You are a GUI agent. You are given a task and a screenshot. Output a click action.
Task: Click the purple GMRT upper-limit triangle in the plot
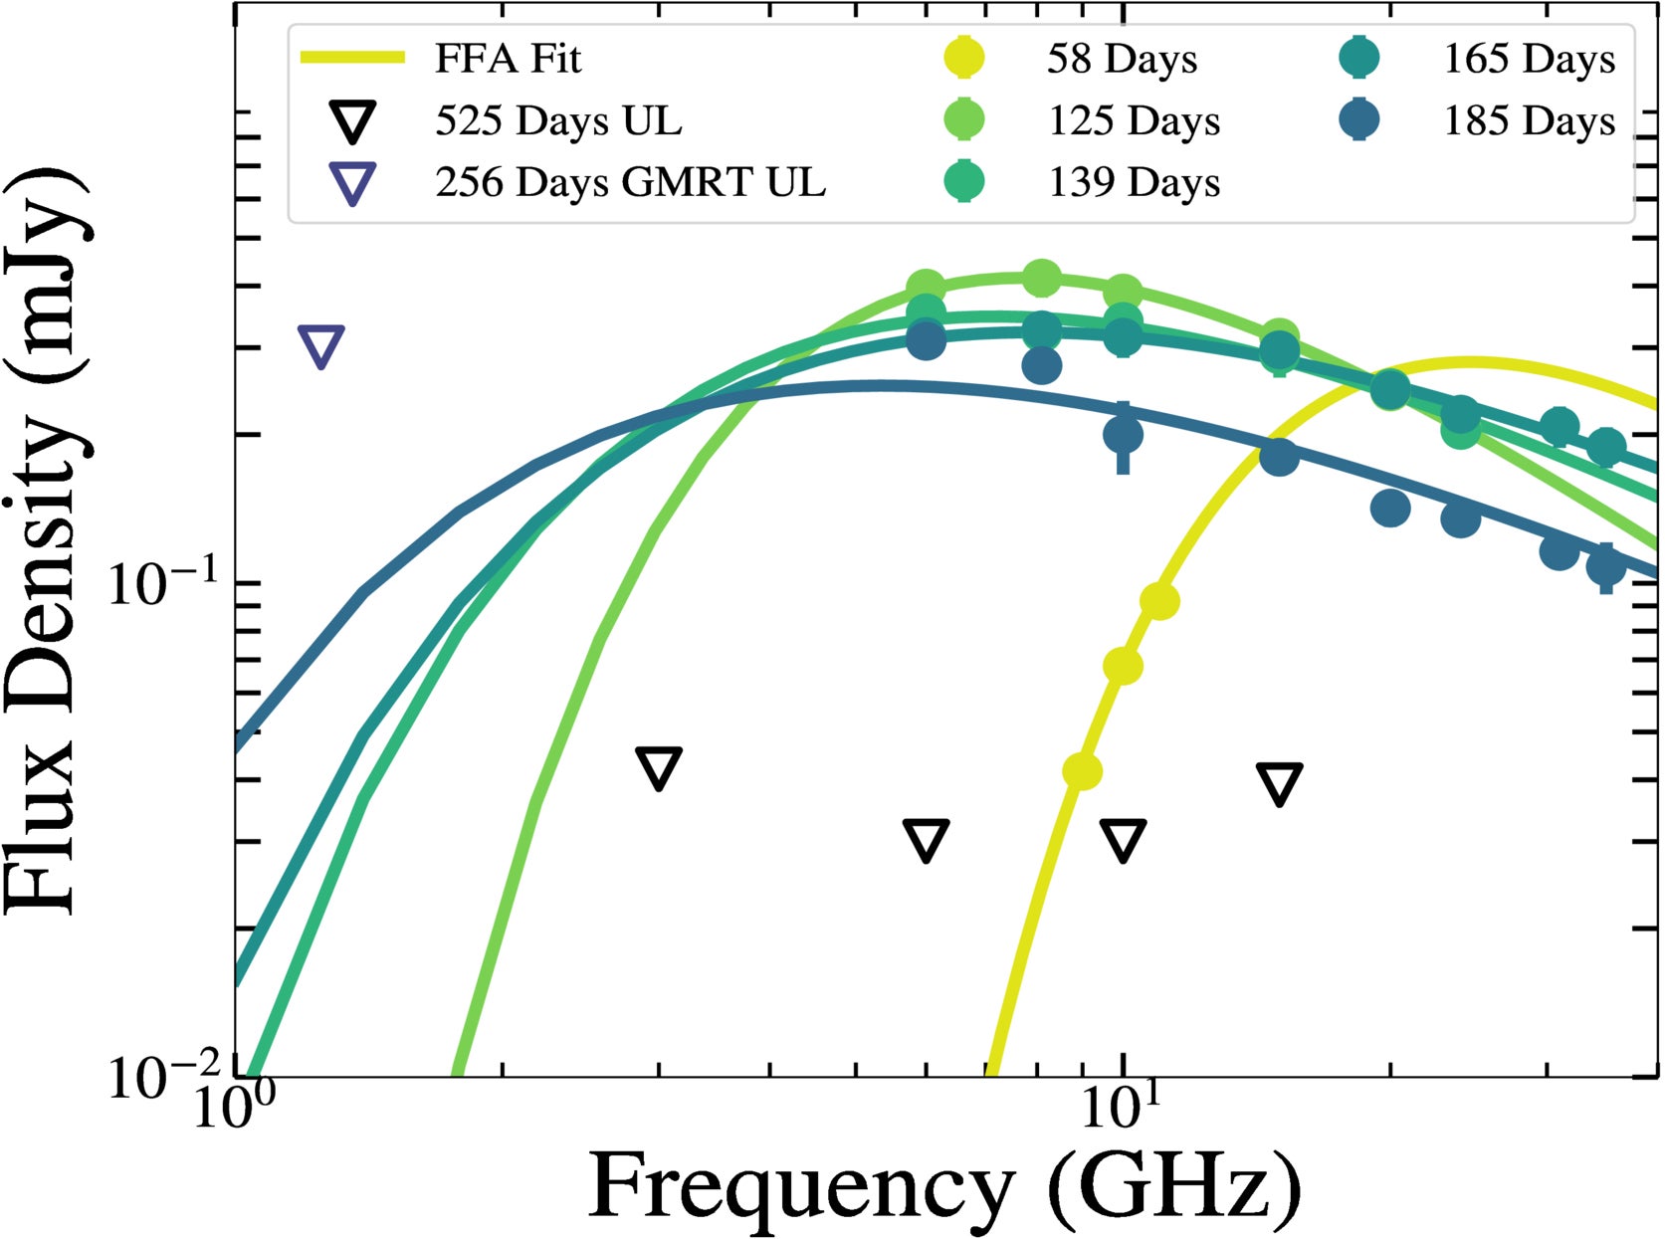coord(321,344)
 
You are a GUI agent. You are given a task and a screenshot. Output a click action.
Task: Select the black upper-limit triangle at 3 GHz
coord(659,767)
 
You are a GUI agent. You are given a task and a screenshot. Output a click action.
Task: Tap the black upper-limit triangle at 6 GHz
coord(926,839)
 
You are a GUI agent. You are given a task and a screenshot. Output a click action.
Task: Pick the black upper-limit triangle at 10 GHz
coord(1123,839)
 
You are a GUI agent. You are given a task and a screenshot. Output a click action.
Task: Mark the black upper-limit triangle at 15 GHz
coord(1279,782)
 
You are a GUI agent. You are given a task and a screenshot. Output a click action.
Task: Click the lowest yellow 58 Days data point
coord(1082,770)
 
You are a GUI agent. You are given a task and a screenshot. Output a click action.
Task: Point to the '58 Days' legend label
coord(1122,60)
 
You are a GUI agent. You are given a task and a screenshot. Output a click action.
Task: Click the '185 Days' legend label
coord(1530,121)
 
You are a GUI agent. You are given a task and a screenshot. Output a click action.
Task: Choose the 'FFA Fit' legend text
coord(508,60)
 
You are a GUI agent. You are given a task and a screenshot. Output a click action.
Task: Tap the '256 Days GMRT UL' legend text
coord(630,183)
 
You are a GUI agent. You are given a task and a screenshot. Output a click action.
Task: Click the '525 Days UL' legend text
coord(559,121)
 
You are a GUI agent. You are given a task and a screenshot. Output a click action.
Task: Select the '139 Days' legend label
coord(1134,183)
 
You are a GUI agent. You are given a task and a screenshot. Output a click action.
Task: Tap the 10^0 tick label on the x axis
coord(232,1108)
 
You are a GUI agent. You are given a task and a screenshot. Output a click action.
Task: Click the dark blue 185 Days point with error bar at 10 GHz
coord(1123,434)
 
